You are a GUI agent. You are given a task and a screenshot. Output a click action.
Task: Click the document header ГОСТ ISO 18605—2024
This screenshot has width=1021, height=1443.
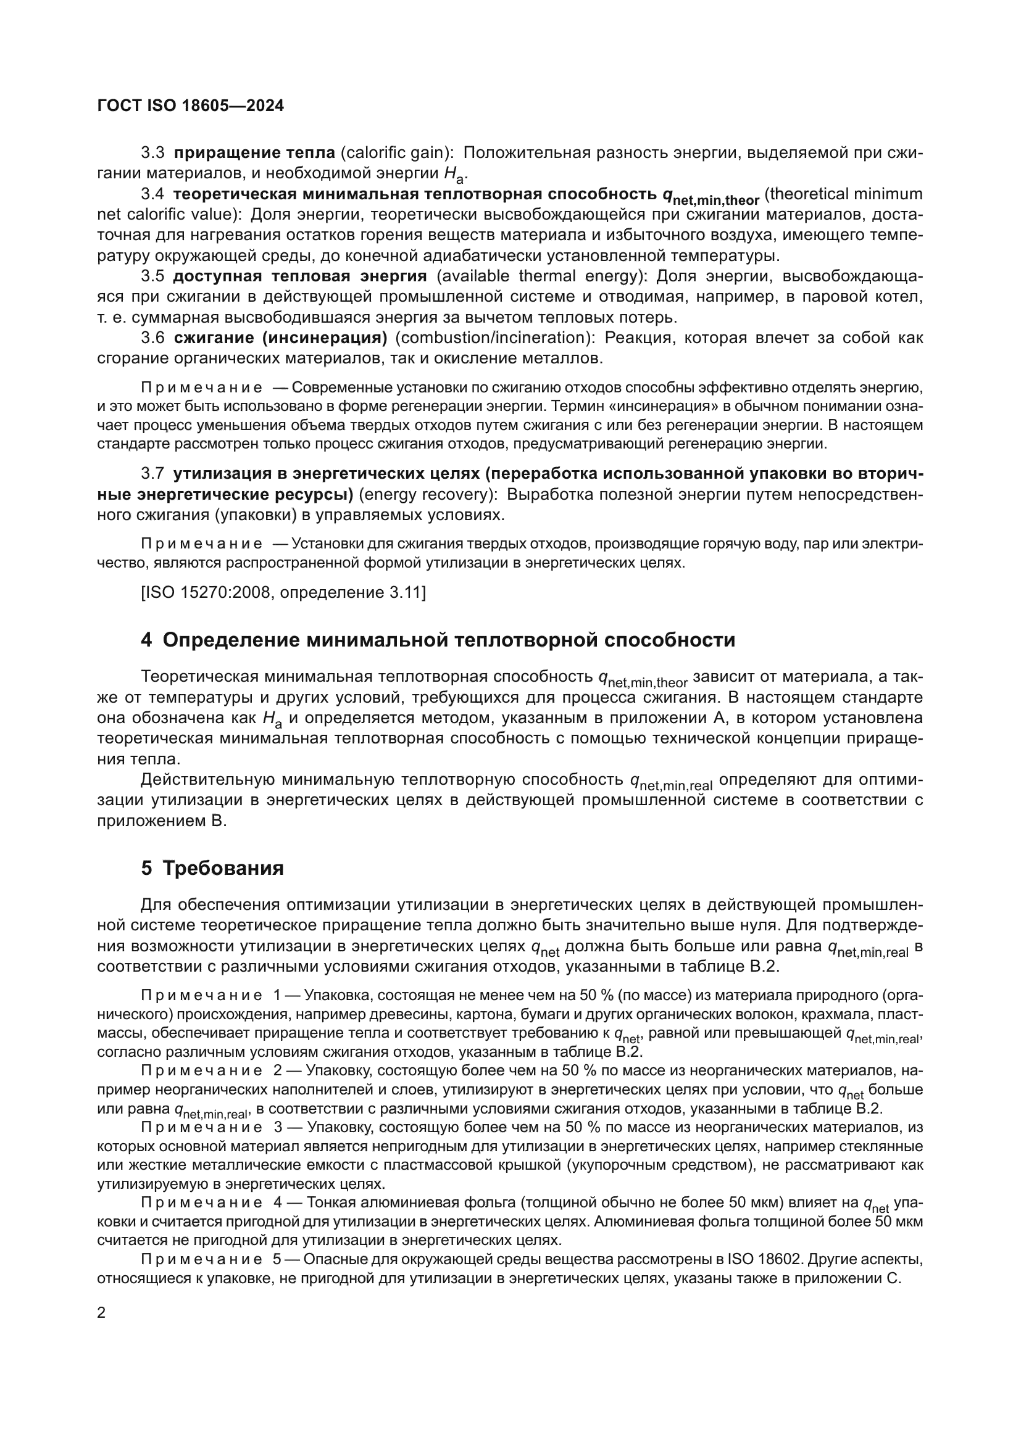[191, 105]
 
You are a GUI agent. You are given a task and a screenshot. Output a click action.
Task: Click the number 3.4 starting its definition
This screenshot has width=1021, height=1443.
[152, 194]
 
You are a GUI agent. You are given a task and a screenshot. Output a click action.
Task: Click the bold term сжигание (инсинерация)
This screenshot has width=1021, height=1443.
[280, 337]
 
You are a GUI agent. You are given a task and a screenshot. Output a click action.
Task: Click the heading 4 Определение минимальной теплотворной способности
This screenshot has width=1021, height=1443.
[438, 640]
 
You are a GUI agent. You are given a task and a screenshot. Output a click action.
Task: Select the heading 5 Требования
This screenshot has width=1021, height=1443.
[212, 868]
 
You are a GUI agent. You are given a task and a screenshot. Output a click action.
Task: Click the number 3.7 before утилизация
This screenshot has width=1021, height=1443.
[152, 473]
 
